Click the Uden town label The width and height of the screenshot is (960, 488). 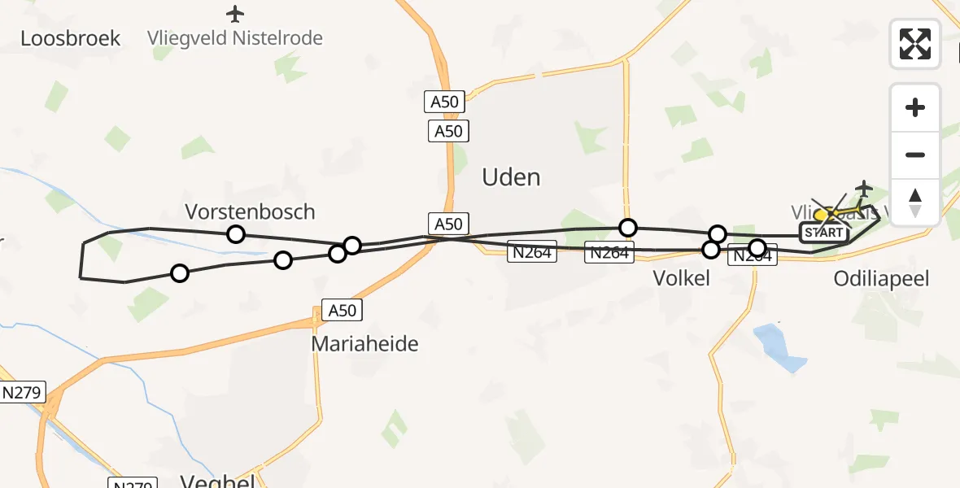[x=511, y=176]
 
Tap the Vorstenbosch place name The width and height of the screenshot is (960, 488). [x=250, y=212]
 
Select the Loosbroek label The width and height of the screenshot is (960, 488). [x=71, y=38]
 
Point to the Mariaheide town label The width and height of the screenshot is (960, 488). [x=364, y=344]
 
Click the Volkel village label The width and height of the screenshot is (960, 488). [x=682, y=279]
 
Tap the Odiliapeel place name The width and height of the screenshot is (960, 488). [x=881, y=279]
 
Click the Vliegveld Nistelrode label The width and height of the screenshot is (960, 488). [x=235, y=38]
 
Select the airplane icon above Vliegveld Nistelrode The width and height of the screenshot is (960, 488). [x=235, y=14]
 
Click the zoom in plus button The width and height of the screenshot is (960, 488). [x=915, y=107]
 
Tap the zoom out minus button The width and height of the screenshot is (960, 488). [x=915, y=155]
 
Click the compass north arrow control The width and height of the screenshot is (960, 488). [x=915, y=202]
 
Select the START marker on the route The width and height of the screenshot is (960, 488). [x=823, y=233]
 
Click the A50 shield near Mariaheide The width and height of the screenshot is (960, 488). [x=342, y=310]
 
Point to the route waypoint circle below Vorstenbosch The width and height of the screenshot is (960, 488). [x=235, y=234]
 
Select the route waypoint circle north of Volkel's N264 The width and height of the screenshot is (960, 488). [x=627, y=228]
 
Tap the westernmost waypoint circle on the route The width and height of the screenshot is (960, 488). [x=180, y=273]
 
